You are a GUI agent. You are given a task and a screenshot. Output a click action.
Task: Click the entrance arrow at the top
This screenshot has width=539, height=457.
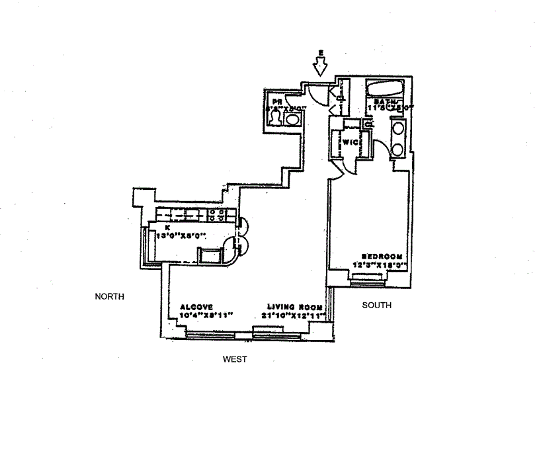click(x=321, y=64)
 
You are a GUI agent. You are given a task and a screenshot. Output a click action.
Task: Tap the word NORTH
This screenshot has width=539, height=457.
click(x=110, y=297)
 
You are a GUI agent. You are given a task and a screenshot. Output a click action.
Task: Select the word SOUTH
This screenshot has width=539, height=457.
click(x=377, y=306)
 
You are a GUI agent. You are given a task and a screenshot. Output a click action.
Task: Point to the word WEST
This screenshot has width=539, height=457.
click(x=235, y=359)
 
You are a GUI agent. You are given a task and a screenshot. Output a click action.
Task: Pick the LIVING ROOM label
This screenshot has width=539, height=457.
click(x=295, y=307)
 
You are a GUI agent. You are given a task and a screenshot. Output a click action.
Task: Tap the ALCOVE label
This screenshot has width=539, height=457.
click(x=196, y=307)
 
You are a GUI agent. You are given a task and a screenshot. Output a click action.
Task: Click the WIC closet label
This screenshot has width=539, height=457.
click(x=349, y=142)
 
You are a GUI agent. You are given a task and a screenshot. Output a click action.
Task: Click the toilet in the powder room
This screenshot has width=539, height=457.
click(x=275, y=118)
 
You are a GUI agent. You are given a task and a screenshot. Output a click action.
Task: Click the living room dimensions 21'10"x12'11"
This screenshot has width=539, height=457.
click(x=296, y=315)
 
